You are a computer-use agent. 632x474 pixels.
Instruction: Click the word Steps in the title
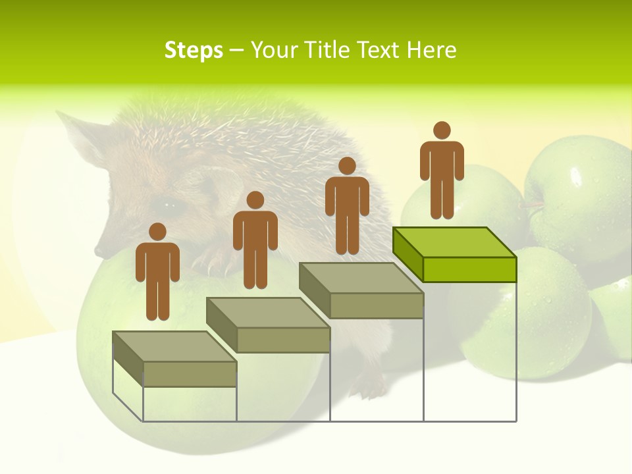194,50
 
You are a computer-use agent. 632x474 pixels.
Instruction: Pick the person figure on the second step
255,241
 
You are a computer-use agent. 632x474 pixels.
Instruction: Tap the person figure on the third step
347,207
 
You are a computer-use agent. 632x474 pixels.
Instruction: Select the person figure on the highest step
442,171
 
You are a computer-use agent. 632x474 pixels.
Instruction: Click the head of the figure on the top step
442,130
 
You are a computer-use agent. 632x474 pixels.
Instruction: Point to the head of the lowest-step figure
157,232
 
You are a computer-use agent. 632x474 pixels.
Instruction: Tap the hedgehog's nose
99,251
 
